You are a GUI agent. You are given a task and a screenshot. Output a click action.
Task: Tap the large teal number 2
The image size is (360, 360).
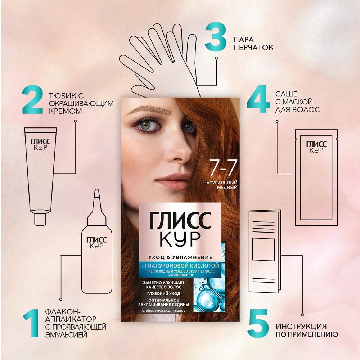click(34, 101)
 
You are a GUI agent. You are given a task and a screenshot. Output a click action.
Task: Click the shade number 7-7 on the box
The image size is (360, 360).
click(216, 168)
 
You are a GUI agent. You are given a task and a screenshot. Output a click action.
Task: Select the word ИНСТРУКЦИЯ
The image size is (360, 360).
click(302, 327)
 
